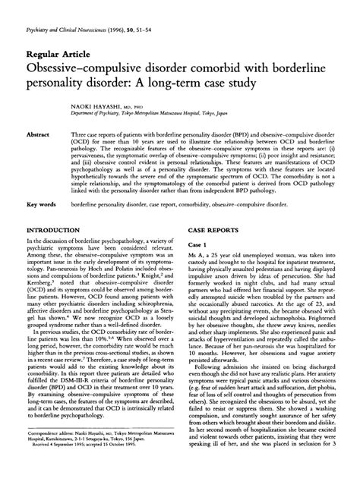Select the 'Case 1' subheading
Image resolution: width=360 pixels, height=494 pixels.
(x=197, y=247)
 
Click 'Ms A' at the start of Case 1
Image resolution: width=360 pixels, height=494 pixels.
(x=196, y=259)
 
